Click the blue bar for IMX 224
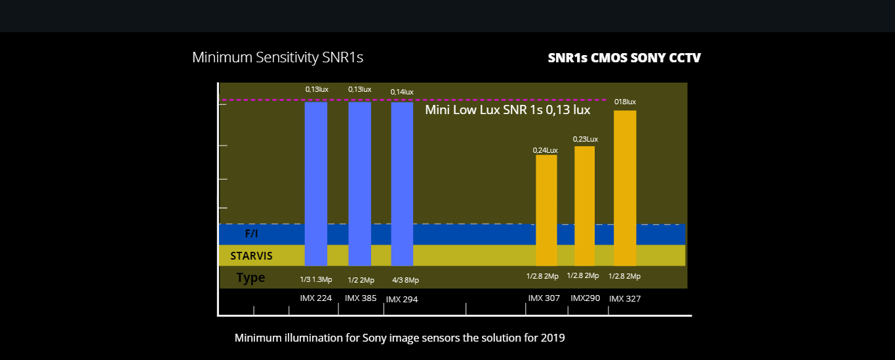[x=316, y=184]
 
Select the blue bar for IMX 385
[x=359, y=184]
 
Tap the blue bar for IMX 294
[x=402, y=184]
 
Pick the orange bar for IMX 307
[x=546, y=210]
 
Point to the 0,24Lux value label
[x=545, y=150]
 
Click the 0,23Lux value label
[x=585, y=139]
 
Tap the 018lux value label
[x=625, y=102]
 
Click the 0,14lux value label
[x=402, y=92]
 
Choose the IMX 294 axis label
[x=402, y=299]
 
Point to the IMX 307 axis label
[x=544, y=298]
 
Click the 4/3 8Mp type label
[x=405, y=280]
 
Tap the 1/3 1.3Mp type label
[x=316, y=279]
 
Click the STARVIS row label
[x=251, y=256]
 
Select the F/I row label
[x=251, y=234]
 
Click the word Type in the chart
[x=250, y=278]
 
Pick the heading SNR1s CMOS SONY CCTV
[x=624, y=58]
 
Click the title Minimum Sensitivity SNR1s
[x=277, y=57]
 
